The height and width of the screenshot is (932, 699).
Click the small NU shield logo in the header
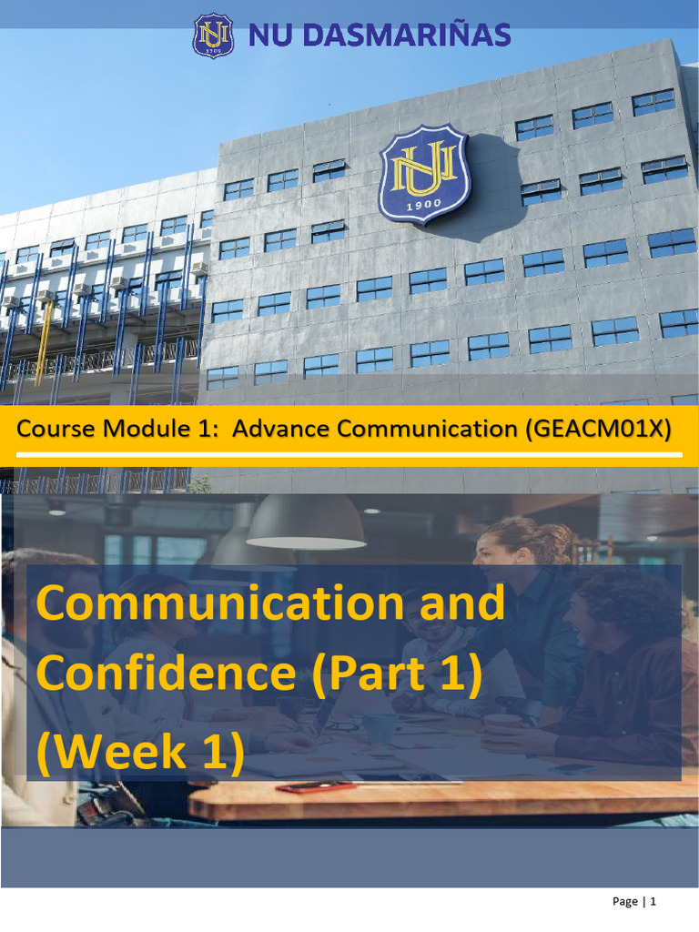[x=213, y=35]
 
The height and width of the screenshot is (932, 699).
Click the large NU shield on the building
[x=424, y=174]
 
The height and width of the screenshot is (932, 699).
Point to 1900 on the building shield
[x=424, y=207]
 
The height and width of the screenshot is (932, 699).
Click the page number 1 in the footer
[x=653, y=901]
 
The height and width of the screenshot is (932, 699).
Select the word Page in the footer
[x=625, y=901]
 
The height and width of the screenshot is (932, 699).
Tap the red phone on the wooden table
[x=303, y=786]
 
